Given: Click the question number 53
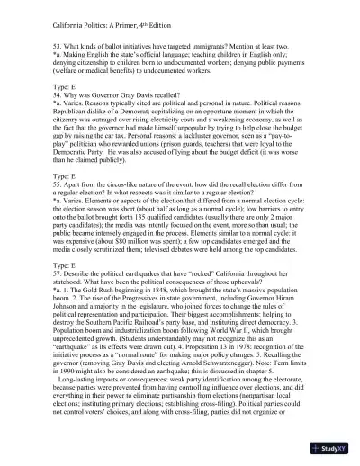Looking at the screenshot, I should [34, 43].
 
